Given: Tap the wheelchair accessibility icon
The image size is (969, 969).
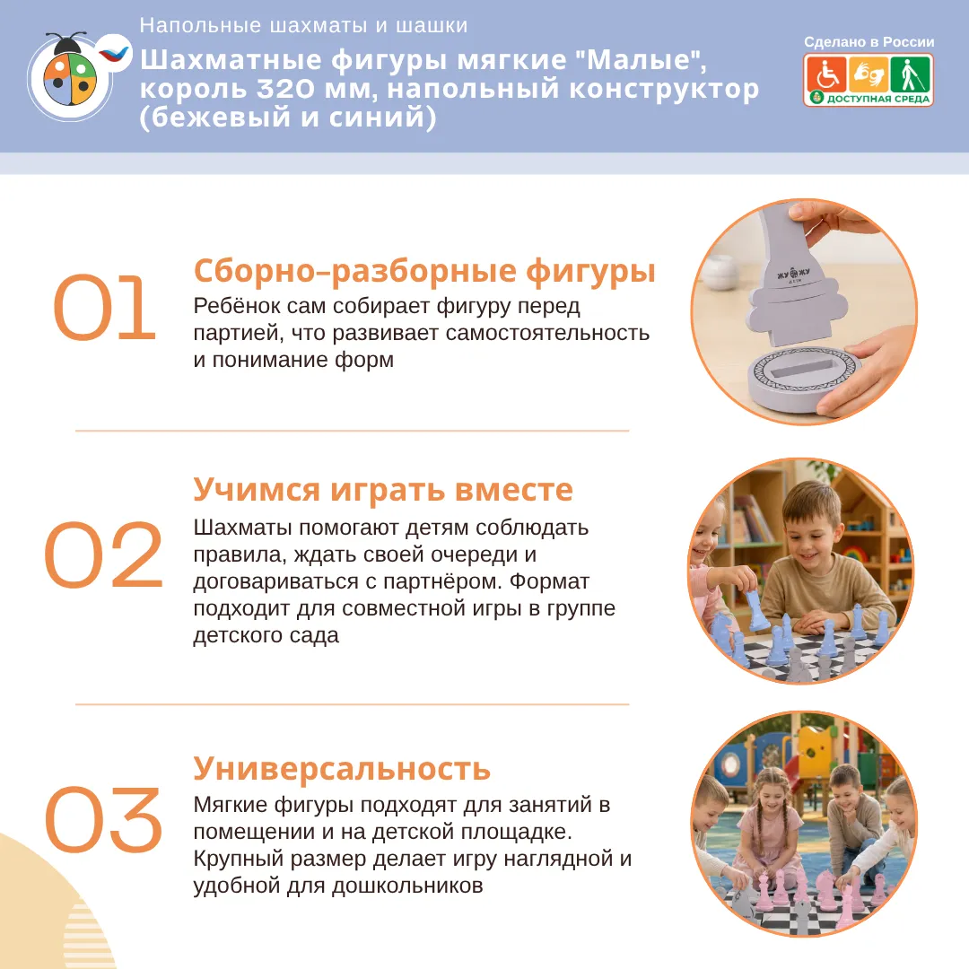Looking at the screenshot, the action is pos(826,74).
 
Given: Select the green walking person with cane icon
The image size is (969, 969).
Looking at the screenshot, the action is pos(909,74).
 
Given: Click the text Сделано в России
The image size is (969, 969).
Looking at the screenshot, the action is pos(869,42).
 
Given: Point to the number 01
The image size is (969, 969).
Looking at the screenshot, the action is pos(104,308).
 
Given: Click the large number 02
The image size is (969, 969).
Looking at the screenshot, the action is pos(104,554).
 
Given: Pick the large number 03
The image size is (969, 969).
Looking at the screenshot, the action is pos(104,820).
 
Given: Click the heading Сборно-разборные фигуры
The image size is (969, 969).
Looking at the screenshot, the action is pos(424,271).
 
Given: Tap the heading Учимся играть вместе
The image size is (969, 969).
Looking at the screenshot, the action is pos(383,490).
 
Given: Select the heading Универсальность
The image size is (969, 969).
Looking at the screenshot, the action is pos(342,769).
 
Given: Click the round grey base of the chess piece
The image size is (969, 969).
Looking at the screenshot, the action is pos(803,379).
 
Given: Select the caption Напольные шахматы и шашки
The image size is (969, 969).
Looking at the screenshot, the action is pos(303,25).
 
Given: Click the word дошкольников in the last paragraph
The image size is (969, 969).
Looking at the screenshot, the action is pos(407,886).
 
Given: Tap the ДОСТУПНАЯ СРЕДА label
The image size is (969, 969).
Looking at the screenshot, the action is pos(878,99).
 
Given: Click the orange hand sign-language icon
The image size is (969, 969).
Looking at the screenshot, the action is pos(868,74).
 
